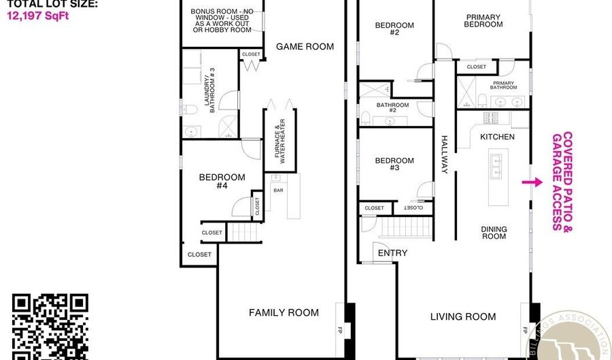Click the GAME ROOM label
click(305, 47)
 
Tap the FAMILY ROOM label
click(284, 313)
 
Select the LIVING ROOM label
click(463, 316)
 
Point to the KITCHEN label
click(498, 137)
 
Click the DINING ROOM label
click(494, 232)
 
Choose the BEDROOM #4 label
click(222, 182)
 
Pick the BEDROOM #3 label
click(395, 165)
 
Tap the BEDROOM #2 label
click(395, 29)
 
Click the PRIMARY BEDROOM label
click(483, 21)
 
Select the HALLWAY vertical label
click(445, 154)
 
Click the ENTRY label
click(392, 253)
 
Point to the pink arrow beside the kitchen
click(531, 182)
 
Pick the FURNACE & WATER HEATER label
click(279, 140)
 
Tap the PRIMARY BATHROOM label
click(505, 84)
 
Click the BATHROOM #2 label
click(393, 108)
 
